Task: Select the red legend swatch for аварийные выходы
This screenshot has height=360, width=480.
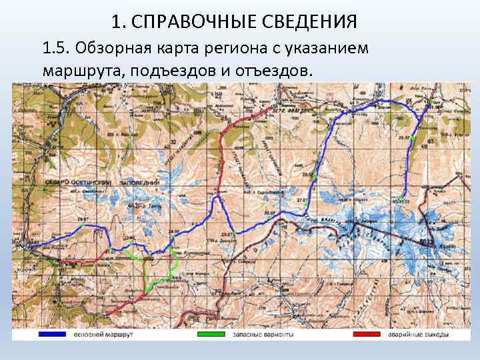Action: coord(372,334)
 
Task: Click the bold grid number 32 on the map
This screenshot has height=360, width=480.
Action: coord(174,143)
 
